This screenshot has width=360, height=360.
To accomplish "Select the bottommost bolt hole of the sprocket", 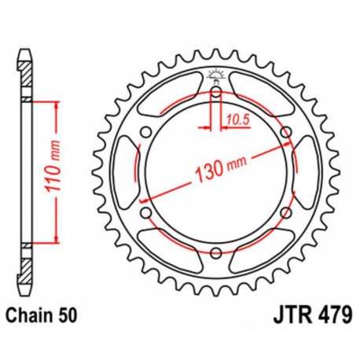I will click(215, 252).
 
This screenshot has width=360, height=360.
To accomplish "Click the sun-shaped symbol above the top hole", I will click(215, 76).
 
